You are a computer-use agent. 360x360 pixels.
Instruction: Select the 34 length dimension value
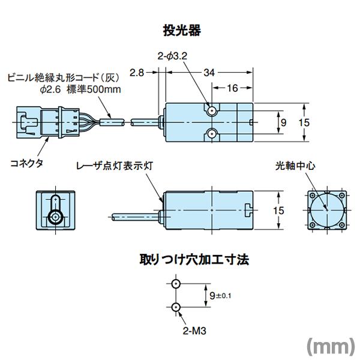coord(209,73)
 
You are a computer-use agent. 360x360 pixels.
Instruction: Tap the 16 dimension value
coord(233,88)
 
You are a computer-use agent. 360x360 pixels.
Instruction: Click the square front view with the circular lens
coord(325,209)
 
